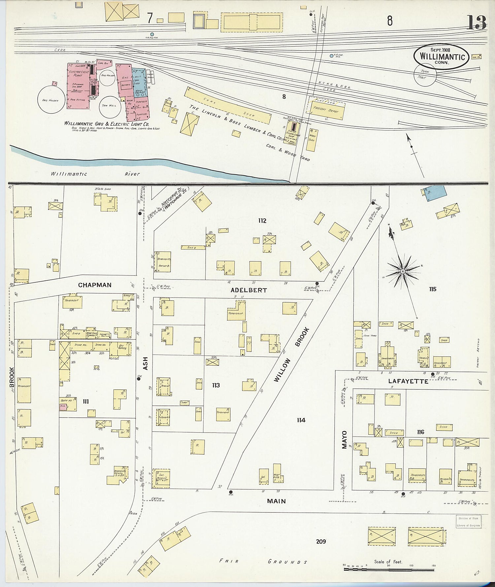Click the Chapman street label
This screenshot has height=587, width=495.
tap(95, 285)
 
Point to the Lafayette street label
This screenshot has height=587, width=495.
tap(408, 381)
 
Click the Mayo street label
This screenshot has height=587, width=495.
tap(344, 440)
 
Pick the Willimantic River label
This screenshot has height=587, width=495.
tap(95, 174)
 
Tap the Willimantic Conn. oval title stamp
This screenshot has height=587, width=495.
tap(442, 57)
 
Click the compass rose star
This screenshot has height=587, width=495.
tap(403, 271)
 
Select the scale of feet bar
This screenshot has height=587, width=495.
tap(389, 569)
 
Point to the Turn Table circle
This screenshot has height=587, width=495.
tap(426, 75)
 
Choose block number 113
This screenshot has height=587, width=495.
tap(216, 385)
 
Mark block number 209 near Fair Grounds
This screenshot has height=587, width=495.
tap(321, 541)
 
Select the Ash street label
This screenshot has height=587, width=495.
tap(146, 363)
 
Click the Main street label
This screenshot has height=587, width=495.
tap(277, 501)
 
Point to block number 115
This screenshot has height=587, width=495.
tap(432, 289)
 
